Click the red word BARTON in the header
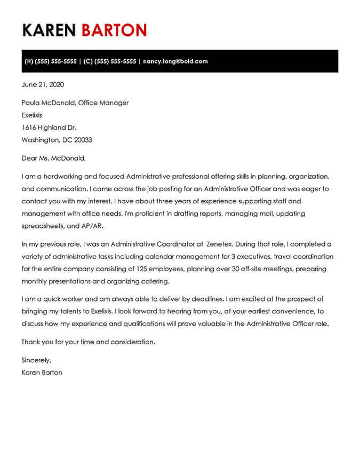(x=114, y=30)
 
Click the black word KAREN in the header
(x=50, y=30)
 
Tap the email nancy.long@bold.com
(x=175, y=61)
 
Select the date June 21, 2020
(x=43, y=84)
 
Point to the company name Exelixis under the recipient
(x=32, y=115)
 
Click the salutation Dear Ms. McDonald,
(x=53, y=158)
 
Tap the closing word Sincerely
(x=36, y=360)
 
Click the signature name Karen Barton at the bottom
(x=42, y=373)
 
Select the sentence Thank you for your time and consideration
(x=88, y=342)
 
